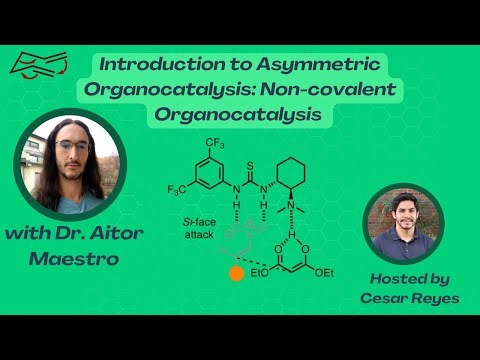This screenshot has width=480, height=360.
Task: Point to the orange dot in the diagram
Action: [x=237, y=271]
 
